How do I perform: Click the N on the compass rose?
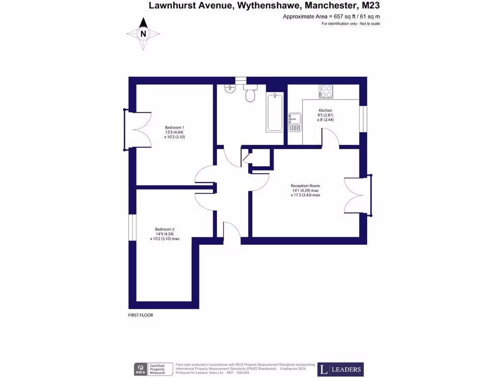click(x=143, y=34)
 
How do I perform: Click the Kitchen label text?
click(x=325, y=110)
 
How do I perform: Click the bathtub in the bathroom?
click(x=275, y=112)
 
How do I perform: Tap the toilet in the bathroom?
click(x=251, y=94)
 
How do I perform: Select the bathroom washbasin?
click(x=230, y=89)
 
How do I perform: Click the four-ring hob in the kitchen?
click(x=326, y=92)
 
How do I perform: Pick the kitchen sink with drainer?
click(x=295, y=122)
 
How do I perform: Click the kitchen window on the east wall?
click(x=363, y=119)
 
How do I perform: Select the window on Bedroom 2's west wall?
click(x=132, y=227)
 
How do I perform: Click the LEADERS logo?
click(x=340, y=369)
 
